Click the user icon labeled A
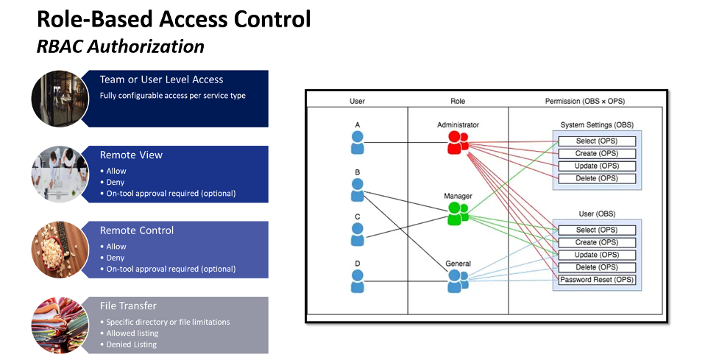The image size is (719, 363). pos(357,142)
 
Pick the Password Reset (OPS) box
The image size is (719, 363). pos(597,280)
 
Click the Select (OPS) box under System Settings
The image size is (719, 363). pos(597,141)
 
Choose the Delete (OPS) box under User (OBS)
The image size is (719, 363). pos(597,267)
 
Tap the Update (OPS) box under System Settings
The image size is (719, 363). pos(597,166)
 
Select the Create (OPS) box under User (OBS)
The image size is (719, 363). pos(597,242)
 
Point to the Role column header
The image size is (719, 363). pos(457,101)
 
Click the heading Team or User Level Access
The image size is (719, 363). pos(161,80)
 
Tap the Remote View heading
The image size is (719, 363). pos(131,155)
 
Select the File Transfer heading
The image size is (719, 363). pos(128,306)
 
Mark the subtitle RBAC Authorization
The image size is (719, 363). pos(120,46)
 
